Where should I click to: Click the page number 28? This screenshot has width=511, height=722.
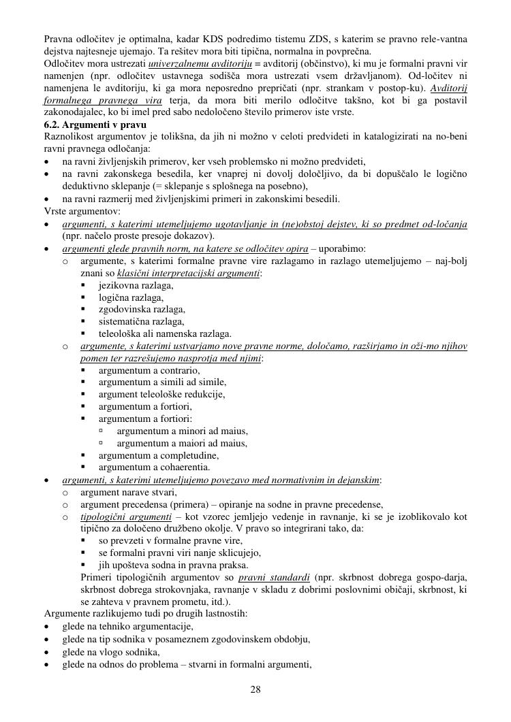(x=255, y=689)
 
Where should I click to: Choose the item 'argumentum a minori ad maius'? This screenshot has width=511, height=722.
(x=182, y=431)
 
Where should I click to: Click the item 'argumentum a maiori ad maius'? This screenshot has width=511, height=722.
(x=182, y=443)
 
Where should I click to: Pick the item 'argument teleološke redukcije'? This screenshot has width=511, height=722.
(x=161, y=394)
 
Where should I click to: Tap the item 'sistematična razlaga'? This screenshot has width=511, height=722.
(x=141, y=322)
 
